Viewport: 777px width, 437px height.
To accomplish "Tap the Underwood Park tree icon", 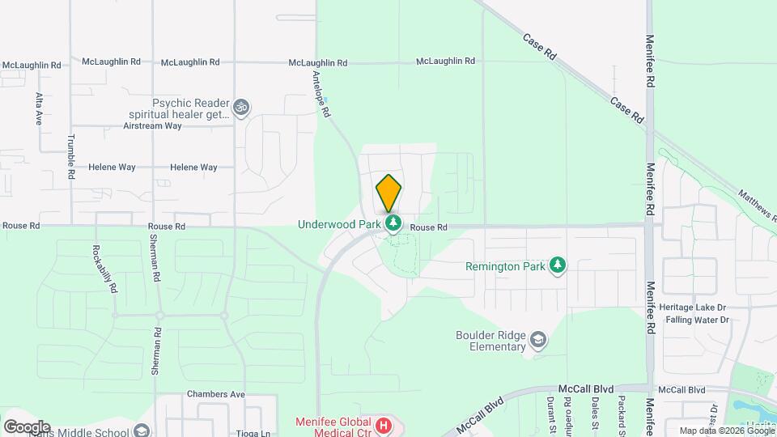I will pyautogui.click(x=393, y=222).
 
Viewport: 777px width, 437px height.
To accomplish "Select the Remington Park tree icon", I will pyautogui.click(x=557, y=265).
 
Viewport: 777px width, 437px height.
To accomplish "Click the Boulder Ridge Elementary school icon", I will pyautogui.click(x=537, y=341).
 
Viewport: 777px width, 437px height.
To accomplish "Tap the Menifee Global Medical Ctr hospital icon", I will pyautogui.click(x=384, y=425).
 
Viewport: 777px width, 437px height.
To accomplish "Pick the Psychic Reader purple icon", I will pyautogui.click(x=240, y=107).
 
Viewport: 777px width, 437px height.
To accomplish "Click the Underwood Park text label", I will pyautogui.click(x=339, y=224).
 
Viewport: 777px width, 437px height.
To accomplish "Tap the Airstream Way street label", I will pyautogui.click(x=152, y=126).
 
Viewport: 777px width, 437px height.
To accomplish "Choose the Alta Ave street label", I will pyautogui.click(x=38, y=107).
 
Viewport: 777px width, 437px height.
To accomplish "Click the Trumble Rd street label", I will pyautogui.click(x=71, y=156).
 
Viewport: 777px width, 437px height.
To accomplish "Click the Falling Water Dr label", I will pyautogui.click(x=697, y=320).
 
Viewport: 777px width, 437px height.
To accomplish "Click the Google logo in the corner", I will pyautogui.click(x=27, y=426).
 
